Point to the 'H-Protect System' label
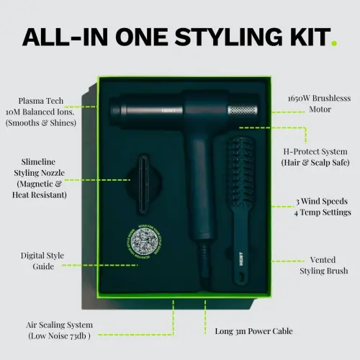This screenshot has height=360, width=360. pos(314,152)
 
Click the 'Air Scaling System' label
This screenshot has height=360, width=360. pos(60,325)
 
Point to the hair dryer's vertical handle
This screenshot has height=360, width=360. pos(197,187)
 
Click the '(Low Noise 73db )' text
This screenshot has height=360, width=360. pos(60,336)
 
